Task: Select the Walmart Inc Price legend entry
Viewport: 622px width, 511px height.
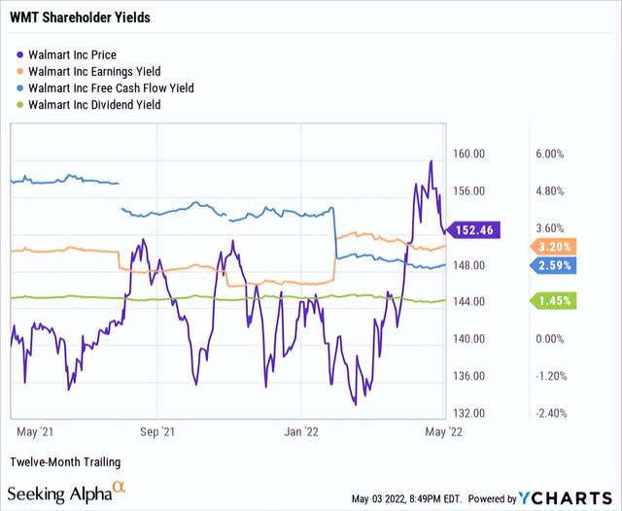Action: tap(72, 55)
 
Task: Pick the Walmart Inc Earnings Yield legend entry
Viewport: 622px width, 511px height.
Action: tap(94, 71)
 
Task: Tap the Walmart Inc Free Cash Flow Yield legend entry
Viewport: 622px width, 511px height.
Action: tap(111, 87)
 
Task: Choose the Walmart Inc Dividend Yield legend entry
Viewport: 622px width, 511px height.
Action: tap(95, 104)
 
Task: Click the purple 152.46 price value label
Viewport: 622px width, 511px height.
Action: tap(472, 229)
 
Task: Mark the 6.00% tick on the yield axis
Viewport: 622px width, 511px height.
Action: tap(549, 154)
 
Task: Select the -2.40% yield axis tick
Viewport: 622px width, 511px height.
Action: tap(549, 413)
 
